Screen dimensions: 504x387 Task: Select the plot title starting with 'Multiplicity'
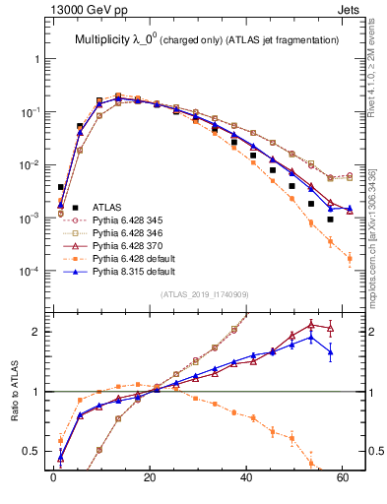[x=201, y=39]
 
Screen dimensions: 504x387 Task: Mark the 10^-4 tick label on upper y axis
[x=32, y=270]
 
